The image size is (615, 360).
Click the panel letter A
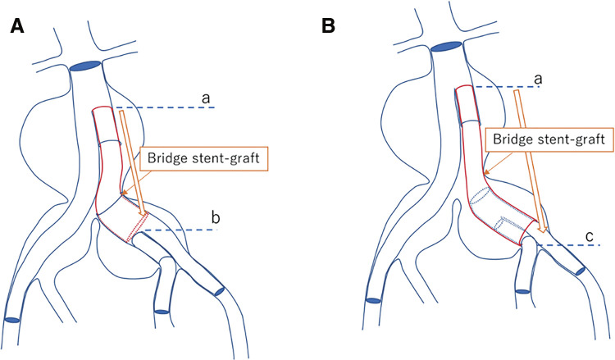pos(16,26)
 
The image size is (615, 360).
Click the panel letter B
pos(329,26)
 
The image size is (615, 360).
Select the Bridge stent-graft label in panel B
pos(549,141)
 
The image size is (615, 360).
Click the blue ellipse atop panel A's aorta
pos(85,66)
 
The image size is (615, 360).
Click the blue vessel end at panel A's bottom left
pos(14,318)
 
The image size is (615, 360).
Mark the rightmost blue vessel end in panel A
pos(219,289)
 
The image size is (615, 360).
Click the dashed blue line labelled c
pos(574,244)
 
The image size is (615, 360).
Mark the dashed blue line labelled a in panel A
pos(164,107)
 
